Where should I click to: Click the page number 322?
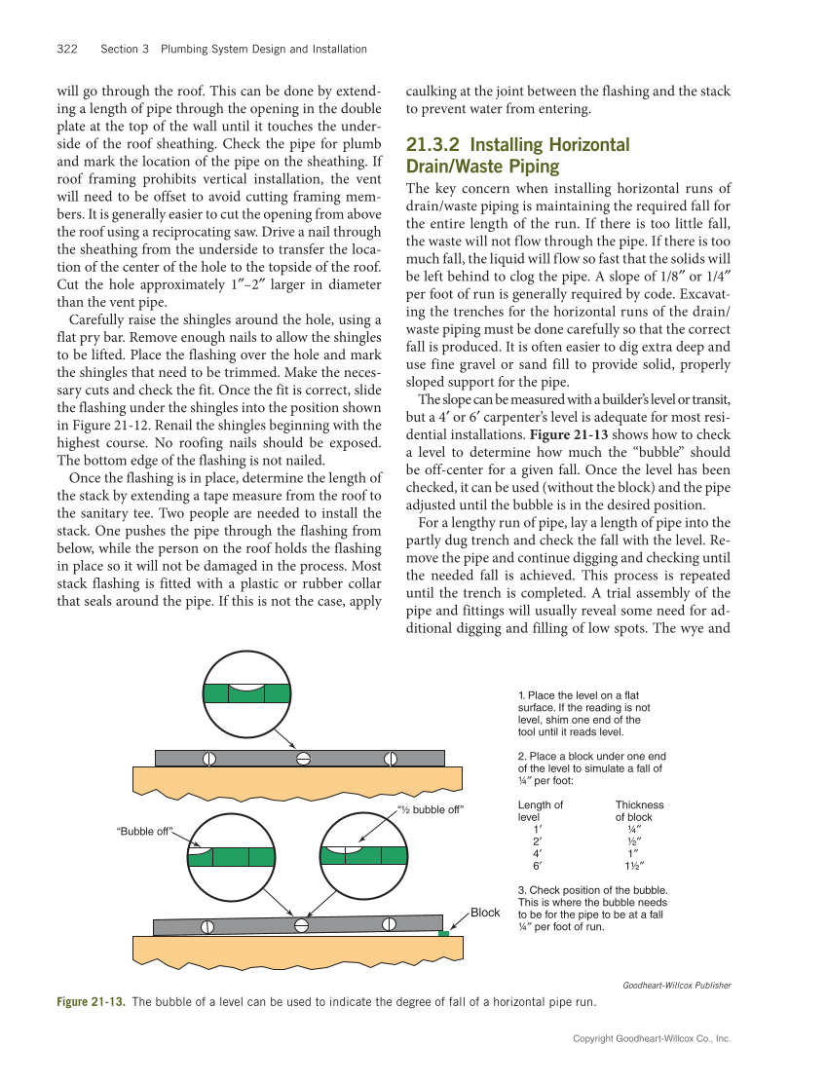[67, 49]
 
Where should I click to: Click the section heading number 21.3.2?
[439, 145]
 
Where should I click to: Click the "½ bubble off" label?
[430, 809]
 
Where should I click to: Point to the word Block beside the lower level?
[485, 913]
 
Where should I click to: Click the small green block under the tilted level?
[443, 933]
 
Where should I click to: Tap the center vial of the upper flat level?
[303, 758]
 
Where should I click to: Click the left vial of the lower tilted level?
[207, 926]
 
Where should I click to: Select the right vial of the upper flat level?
[391, 758]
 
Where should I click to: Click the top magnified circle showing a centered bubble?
[247, 692]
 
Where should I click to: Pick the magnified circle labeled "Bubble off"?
[230, 855]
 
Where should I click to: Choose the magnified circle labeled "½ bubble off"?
[363, 854]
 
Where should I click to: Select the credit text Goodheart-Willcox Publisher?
[676, 985]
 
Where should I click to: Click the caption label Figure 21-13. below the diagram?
[92, 1001]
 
